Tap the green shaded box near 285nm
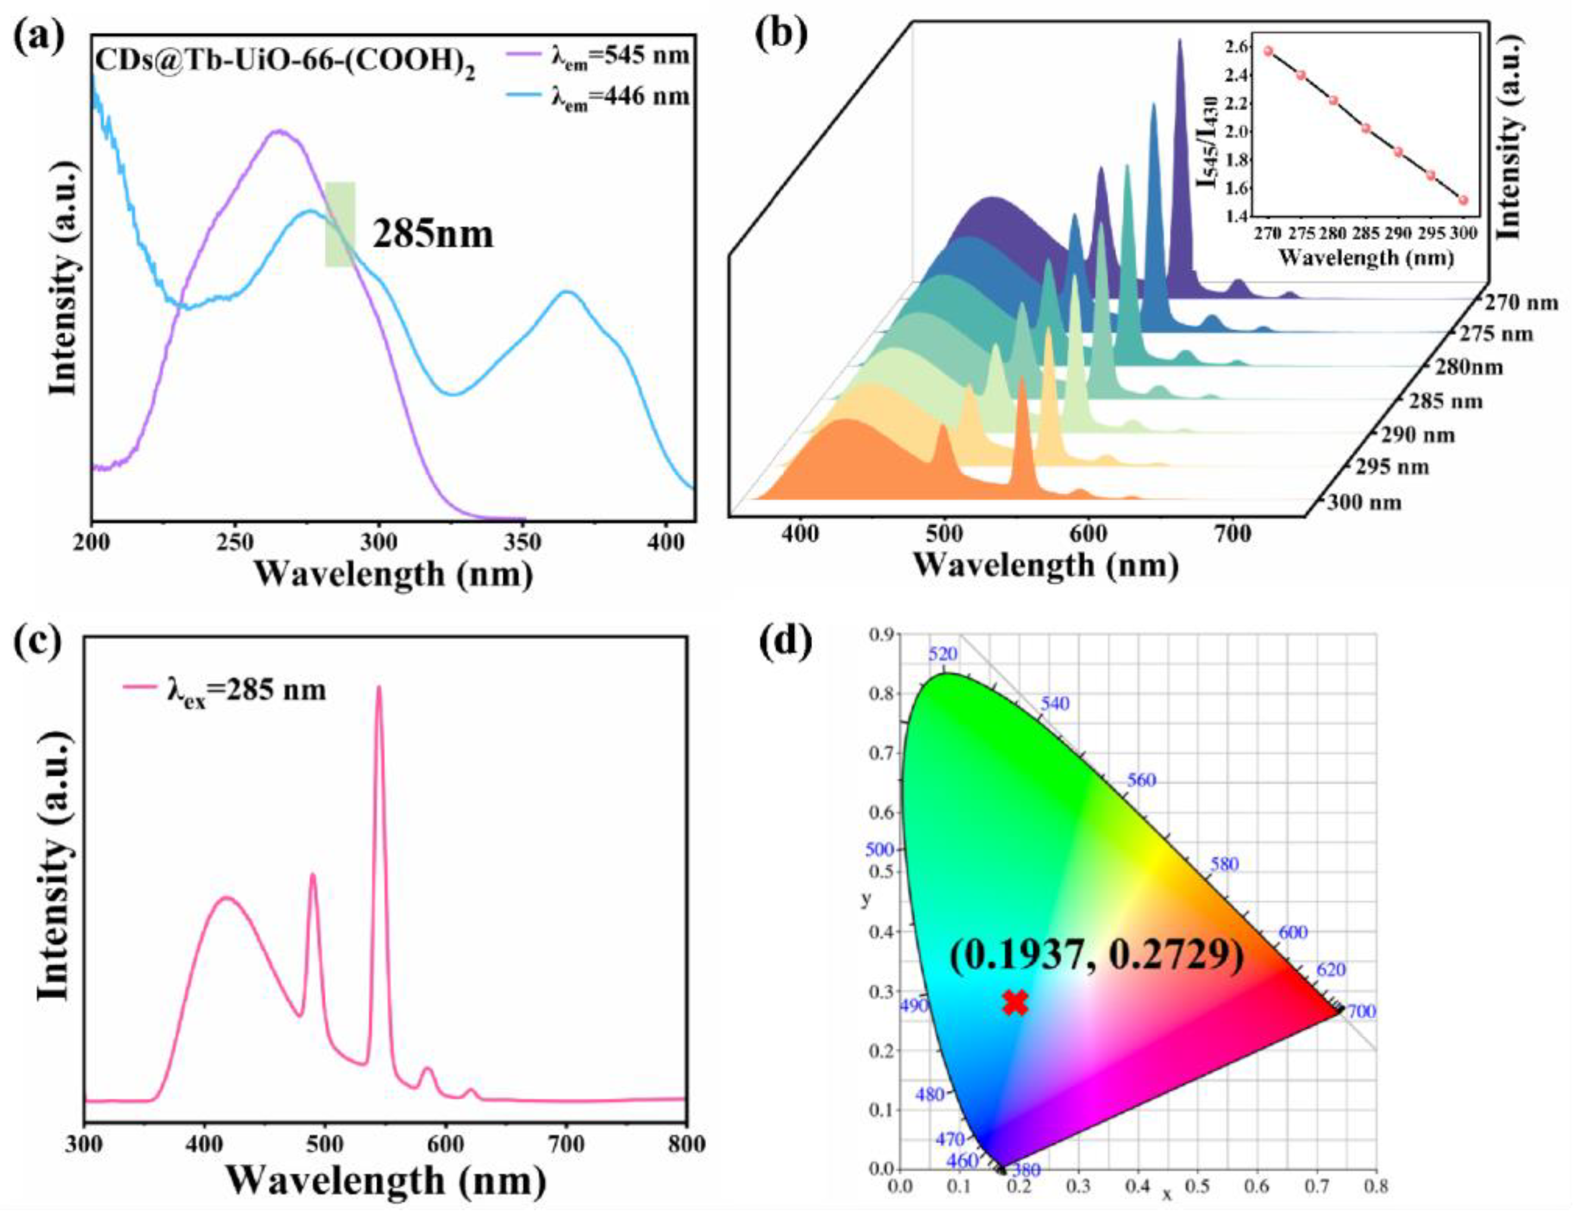(340, 224)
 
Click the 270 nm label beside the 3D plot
(1518, 303)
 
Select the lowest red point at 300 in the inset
(1463, 201)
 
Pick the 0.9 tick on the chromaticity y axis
(881, 634)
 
